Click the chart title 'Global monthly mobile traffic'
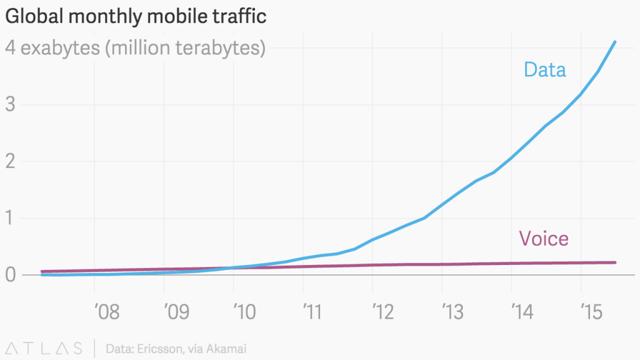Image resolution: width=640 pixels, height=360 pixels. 136,17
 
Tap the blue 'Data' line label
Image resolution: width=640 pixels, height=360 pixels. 545,69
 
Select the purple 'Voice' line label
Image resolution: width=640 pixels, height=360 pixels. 544,238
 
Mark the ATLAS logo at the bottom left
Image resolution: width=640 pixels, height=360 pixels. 44,348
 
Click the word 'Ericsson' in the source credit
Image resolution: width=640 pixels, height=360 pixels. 164,348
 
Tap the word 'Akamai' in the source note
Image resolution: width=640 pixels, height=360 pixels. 227,348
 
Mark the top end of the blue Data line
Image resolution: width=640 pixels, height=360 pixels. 616,42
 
